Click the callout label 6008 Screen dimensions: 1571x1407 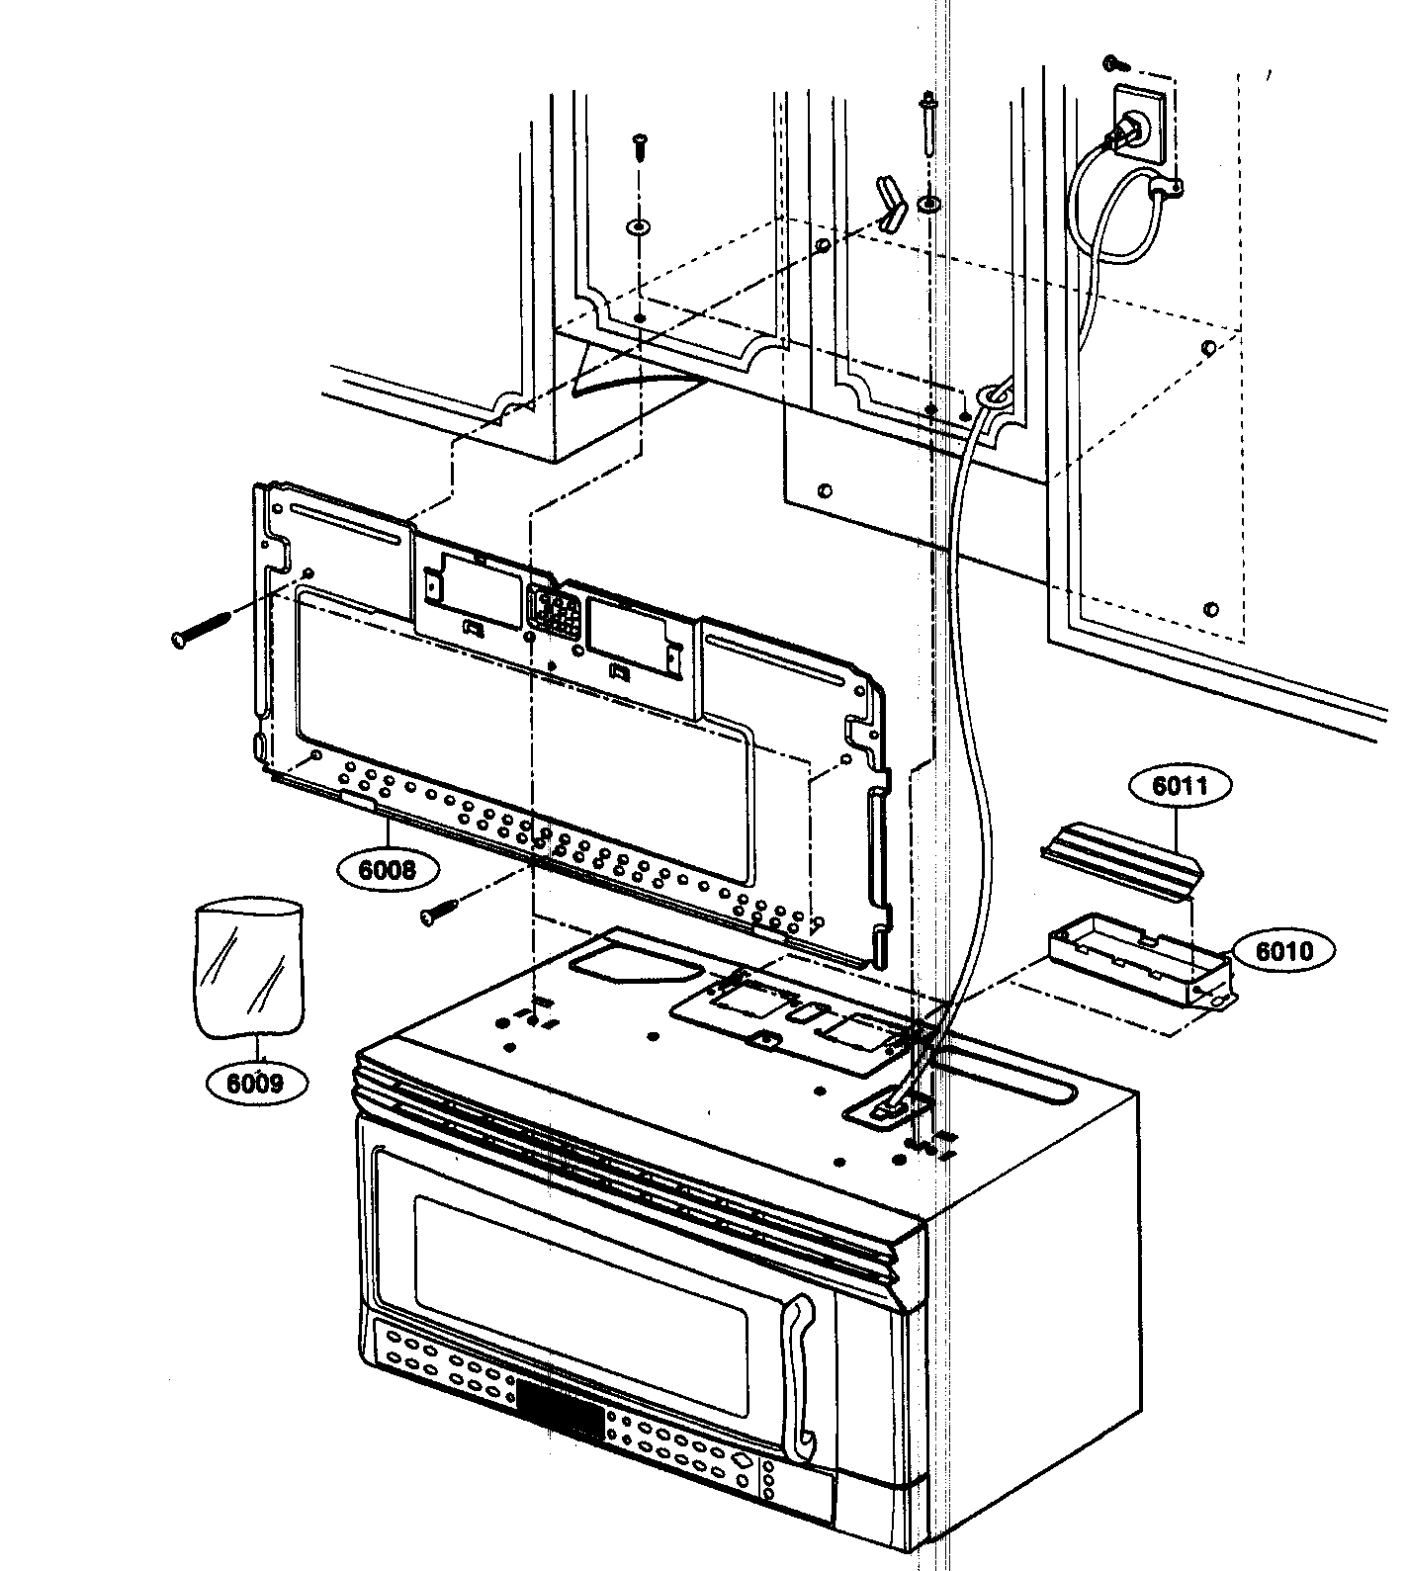[388, 870]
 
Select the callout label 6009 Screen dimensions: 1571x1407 [256, 1083]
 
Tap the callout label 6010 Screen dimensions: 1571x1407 [1284, 951]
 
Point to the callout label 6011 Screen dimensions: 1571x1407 [1180, 787]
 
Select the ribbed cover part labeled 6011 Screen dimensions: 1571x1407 [1121, 864]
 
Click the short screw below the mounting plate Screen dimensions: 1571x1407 [441, 910]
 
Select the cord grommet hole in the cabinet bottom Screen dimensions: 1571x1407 [992, 395]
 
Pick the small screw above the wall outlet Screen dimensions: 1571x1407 [1118, 64]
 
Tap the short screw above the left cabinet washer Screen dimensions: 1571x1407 [639, 145]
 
